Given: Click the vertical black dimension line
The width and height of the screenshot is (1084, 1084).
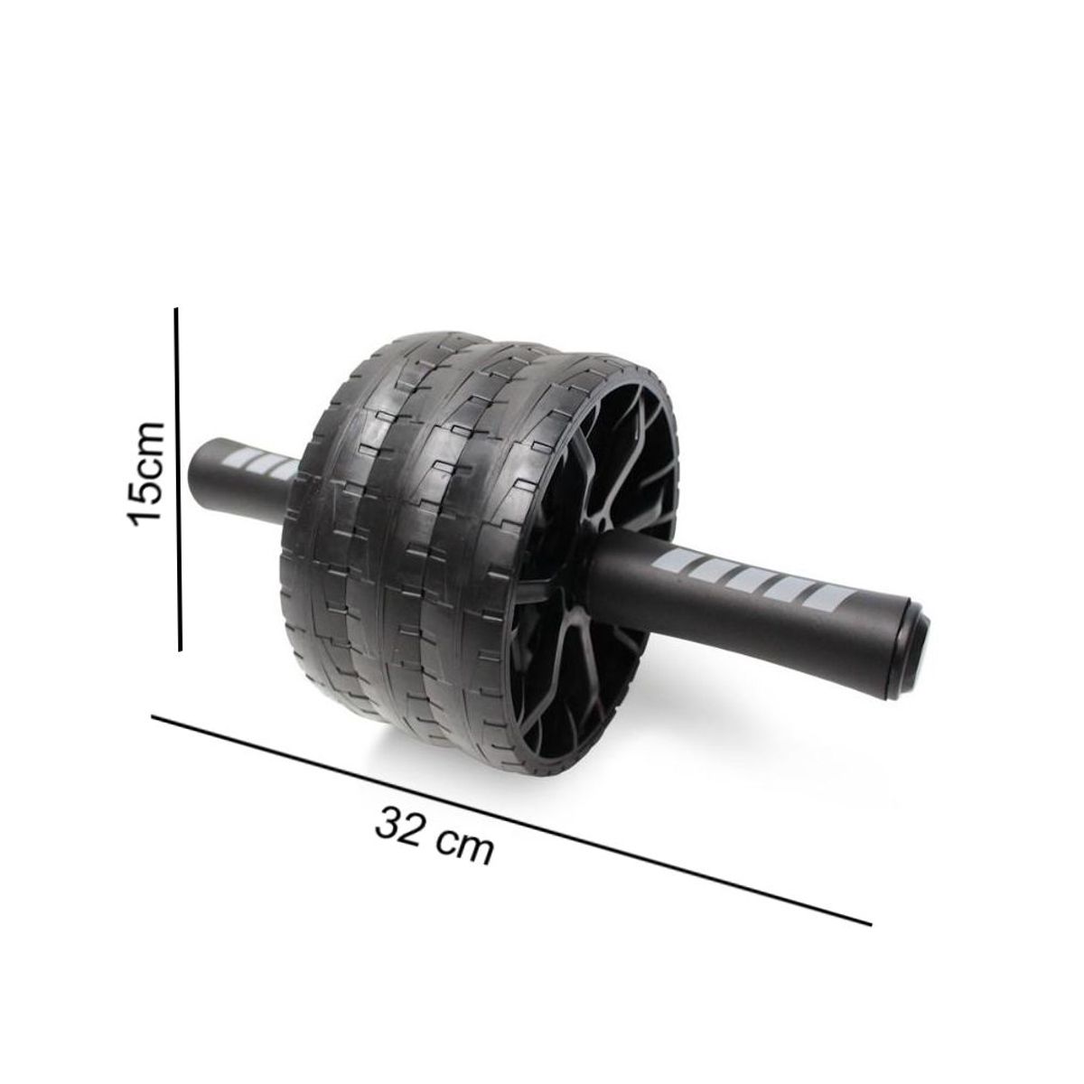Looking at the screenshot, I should pos(179,479).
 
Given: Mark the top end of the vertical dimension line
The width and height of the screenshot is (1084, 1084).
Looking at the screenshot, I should pos(177,310).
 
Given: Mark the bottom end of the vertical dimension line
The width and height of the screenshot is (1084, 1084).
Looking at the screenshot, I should pos(181,648).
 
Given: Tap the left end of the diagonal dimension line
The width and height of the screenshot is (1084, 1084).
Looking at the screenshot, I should pos(154,718).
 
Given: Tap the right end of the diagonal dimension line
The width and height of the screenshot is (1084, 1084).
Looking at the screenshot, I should pos(869,923).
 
